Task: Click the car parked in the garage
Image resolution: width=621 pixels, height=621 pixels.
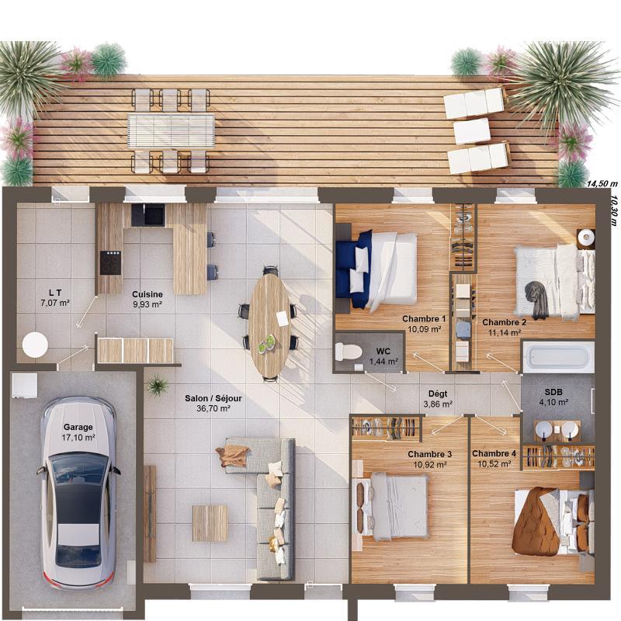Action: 78,493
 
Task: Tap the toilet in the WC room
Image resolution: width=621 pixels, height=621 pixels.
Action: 349,352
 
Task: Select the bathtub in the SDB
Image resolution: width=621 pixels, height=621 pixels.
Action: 558,357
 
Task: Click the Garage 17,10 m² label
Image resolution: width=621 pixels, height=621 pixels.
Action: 78,432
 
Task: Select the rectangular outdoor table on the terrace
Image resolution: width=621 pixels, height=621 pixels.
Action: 171,130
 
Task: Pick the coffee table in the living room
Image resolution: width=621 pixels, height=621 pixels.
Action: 210,522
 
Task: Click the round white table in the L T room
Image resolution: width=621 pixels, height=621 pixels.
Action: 35,344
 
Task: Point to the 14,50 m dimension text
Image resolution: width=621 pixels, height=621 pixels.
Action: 602,184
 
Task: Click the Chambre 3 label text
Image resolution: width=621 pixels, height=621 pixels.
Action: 429,454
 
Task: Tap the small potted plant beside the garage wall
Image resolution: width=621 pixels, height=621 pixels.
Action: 158,384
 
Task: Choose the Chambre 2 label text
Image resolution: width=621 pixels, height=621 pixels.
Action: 505,321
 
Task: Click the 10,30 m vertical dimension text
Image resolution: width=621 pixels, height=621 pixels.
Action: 613,209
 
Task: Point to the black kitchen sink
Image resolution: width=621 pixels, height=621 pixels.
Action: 147,214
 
